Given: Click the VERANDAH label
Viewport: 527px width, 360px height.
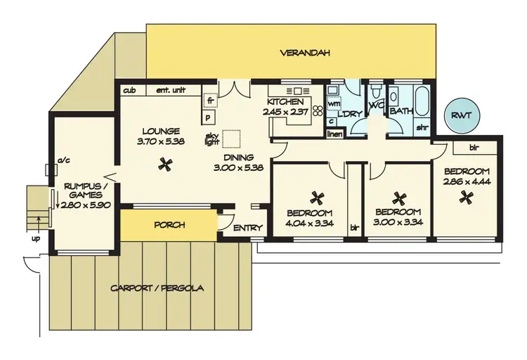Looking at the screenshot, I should click(305, 53).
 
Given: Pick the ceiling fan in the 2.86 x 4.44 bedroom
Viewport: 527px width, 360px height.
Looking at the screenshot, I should click(464, 199).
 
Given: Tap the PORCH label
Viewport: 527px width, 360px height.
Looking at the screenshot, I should click(169, 225).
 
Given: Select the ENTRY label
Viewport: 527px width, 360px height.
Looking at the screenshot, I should click(247, 228).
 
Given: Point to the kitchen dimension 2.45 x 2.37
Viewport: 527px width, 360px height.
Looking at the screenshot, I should click(286, 111).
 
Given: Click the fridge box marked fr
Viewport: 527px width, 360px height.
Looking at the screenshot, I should click(209, 101).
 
